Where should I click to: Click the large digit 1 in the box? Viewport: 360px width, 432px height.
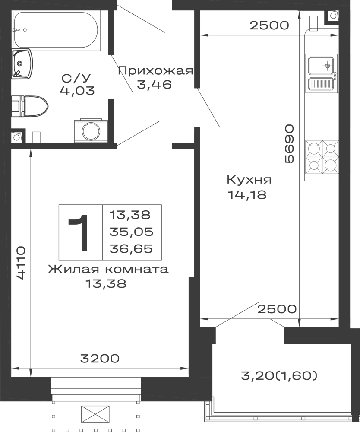coord(79,233)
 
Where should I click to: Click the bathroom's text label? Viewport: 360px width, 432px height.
coord(78,85)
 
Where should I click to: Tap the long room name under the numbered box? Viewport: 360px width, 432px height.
coord(107,271)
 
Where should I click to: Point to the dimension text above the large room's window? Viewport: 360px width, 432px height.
coord(100,358)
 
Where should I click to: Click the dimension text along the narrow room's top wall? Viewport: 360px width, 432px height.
coord(268,26)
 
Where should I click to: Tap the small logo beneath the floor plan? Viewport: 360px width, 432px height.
coord(95,415)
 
